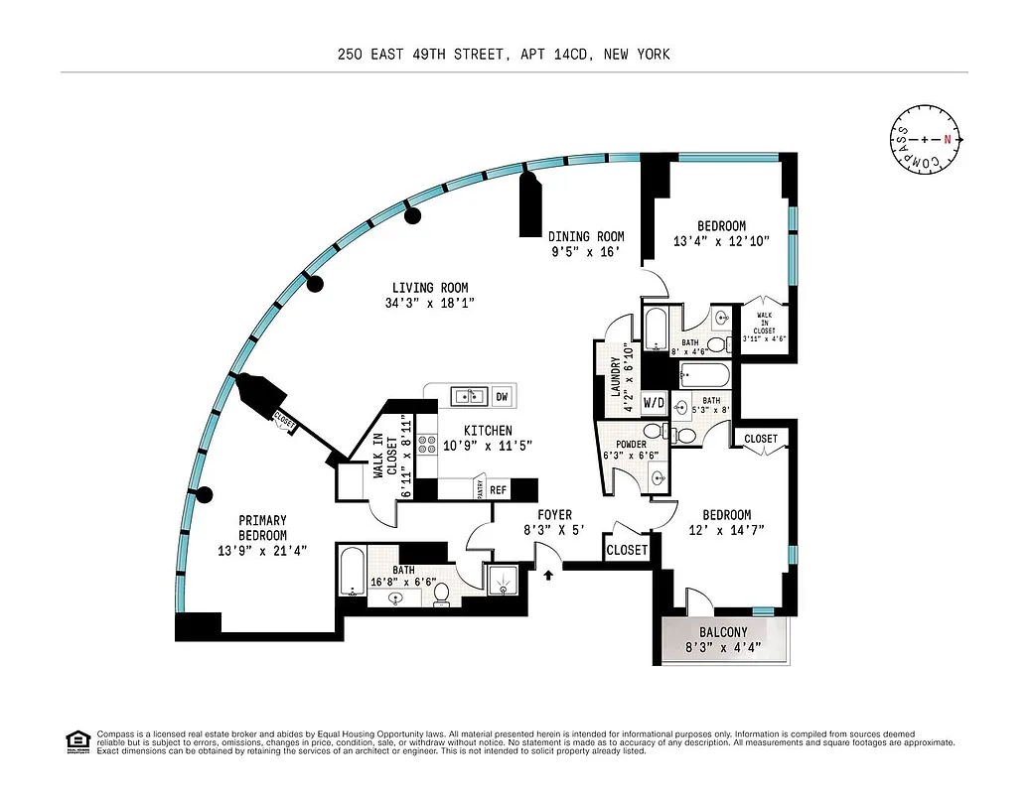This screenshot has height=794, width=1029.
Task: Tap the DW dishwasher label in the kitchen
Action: [502, 396]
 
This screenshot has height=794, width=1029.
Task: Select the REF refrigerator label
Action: [499, 489]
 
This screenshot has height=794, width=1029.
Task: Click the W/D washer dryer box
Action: [654, 403]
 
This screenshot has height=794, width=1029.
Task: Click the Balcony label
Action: [722, 632]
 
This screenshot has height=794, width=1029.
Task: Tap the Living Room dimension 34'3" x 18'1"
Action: [429, 304]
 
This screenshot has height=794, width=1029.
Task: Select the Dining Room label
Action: [586, 236]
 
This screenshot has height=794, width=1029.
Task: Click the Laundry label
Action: [616, 377]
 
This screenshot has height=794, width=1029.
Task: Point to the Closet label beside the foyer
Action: [627, 550]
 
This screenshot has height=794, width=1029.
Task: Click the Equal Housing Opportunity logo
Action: [76, 740]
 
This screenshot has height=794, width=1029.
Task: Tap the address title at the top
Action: [504, 55]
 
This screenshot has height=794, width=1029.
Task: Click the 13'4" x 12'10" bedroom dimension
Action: [721, 241]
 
